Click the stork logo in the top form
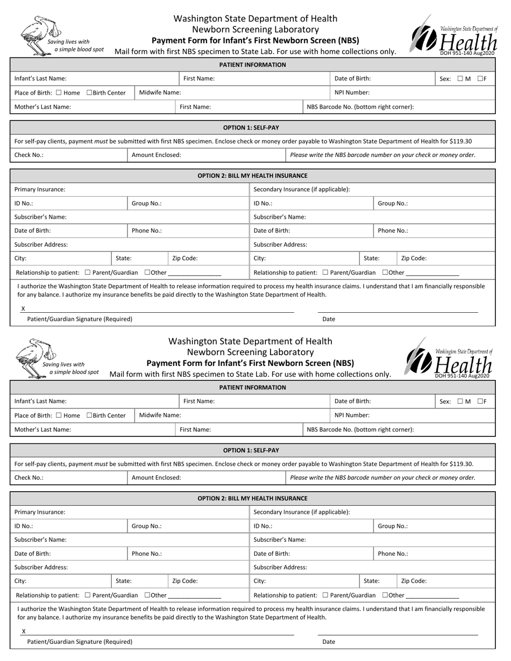pos(40,35)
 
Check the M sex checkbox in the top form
pos(460,78)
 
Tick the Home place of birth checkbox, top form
pos(59,92)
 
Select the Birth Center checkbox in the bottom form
pos(89,415)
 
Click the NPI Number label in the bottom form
pos(352,415)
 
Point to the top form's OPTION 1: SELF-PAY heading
pos(252,128)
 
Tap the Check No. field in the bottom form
pos(70,477)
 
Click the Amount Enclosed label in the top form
pos(157,155)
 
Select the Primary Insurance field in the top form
pos(129,189)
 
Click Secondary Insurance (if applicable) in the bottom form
pos(301,512)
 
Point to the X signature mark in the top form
pos(23,308)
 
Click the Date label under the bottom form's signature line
pos(329,642)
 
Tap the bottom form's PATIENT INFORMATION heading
pos(252,387)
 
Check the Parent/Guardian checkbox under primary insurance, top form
pos(88,272)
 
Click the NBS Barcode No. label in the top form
pos(360,106)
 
